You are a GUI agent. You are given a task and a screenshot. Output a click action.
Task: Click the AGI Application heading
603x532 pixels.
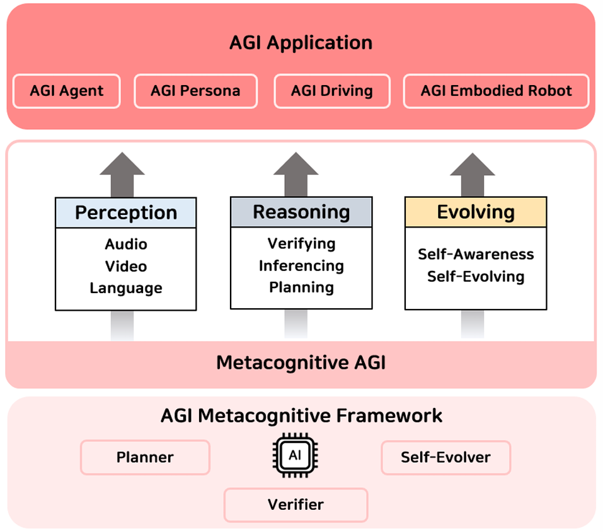tap(301, 43)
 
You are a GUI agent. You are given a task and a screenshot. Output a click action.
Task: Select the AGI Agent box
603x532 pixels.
tap(66, 91)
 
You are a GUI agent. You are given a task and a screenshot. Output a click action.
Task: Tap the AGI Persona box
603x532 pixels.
tap(195, 91)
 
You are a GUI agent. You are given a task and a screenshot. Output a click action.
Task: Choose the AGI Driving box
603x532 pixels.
tap(331, 91)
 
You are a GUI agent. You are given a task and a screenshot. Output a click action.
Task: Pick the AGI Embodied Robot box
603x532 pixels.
tap(496, 91)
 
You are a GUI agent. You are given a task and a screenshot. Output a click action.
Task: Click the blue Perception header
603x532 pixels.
tap(126, 212)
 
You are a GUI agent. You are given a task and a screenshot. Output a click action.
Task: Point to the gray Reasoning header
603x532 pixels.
tap(301, 212)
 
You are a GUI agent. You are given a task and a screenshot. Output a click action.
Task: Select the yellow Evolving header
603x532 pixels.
tap(476, 212)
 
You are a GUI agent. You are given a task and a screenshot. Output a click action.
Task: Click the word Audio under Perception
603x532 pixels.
tap(126, 244)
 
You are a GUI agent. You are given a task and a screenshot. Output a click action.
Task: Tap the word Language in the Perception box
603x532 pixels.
tap(126, 288)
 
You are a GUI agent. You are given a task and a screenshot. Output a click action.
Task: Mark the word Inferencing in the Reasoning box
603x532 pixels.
tap(301, 265)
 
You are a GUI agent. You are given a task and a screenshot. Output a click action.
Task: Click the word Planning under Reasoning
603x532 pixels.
tap(301, 287)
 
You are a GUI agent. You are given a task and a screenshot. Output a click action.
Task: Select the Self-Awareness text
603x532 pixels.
tap(476, 254)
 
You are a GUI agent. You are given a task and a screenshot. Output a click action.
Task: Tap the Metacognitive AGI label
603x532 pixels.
tap(301, 362)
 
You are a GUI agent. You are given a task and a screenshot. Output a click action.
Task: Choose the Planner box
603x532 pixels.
tap(145, 457)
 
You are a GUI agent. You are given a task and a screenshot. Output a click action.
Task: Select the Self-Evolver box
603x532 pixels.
tap(445, 457)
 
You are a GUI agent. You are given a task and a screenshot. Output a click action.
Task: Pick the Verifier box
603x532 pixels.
tap(296, 504)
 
